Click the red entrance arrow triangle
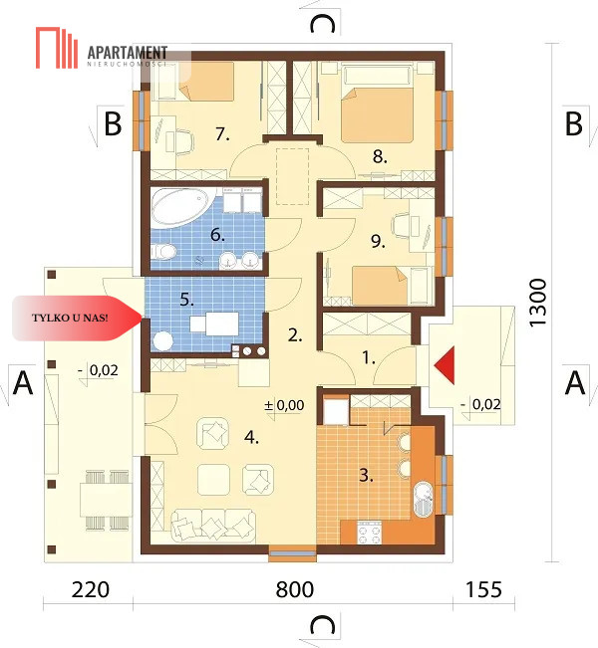(447, 365)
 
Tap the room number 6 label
(217, 234)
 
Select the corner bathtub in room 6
(182, 207)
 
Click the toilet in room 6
(163, 251)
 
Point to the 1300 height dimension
(538, 303)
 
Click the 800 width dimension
(295, 589)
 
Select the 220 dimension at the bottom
(91, 589)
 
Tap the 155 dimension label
(483, 589)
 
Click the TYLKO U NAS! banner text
(70, 318)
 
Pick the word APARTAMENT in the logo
(128, 53)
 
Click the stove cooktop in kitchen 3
(369, 533)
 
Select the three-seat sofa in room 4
(213, 525)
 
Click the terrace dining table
(106, 501)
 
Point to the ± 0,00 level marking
(284, 405)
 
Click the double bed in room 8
(377, 110)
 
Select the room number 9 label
(378, 241)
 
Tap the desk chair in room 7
(184, 141)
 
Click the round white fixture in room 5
(163, 341)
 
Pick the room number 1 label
(369, 357)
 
